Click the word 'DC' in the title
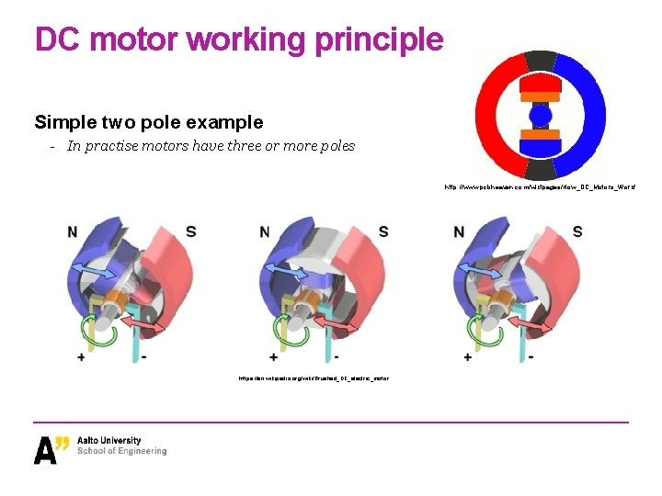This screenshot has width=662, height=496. coord(56,39)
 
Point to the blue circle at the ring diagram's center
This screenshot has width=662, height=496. coord(541,114)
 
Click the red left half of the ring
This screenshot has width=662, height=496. coord(495,114)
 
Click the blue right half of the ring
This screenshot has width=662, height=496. coord(587,114)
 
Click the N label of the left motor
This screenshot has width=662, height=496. coord(73,232)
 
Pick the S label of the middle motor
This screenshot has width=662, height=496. coord(383,231)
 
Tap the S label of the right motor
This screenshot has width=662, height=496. coord(577,231)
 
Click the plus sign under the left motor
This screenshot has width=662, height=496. coord(82,356)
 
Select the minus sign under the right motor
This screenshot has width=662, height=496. coord(530,356)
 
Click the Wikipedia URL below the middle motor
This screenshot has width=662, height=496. coord(314,378)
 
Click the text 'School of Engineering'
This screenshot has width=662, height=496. coord(122,452)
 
